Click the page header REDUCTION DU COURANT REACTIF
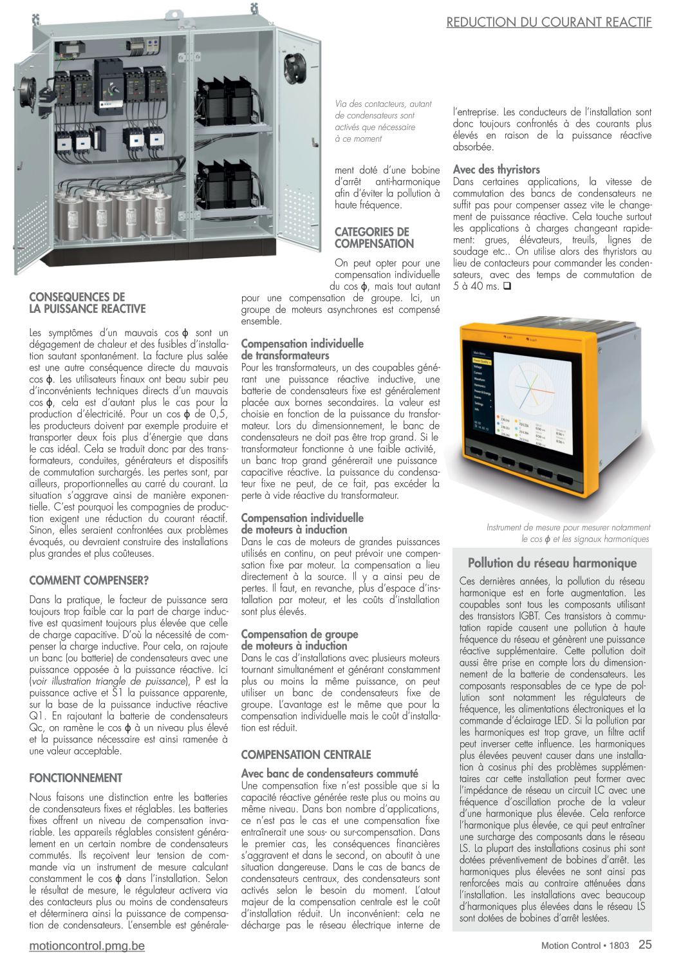(549, 22)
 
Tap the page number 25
(645, 945)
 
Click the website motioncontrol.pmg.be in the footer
(88, 946)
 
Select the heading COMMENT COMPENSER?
(89, 580)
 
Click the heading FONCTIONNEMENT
(76, 778)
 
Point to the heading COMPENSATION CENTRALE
(306, 754)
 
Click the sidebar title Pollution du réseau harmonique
(552, 563)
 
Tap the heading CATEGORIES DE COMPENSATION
(374, 238)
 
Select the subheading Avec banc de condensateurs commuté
(329, 773)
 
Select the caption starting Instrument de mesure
(568, 533)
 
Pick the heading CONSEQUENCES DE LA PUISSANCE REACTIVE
(88, 303)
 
